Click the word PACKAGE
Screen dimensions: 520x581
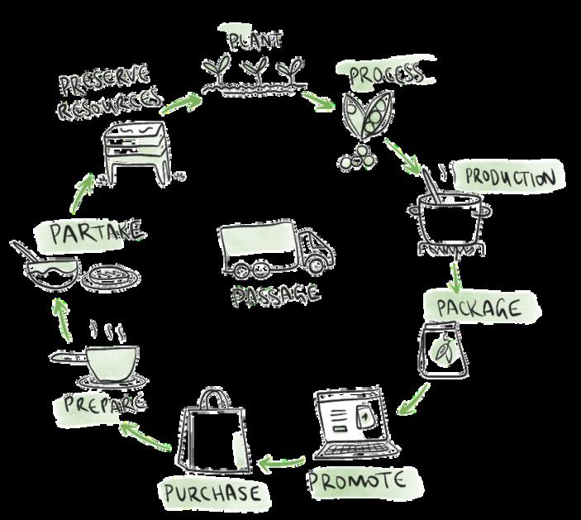(x=478, y=308)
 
